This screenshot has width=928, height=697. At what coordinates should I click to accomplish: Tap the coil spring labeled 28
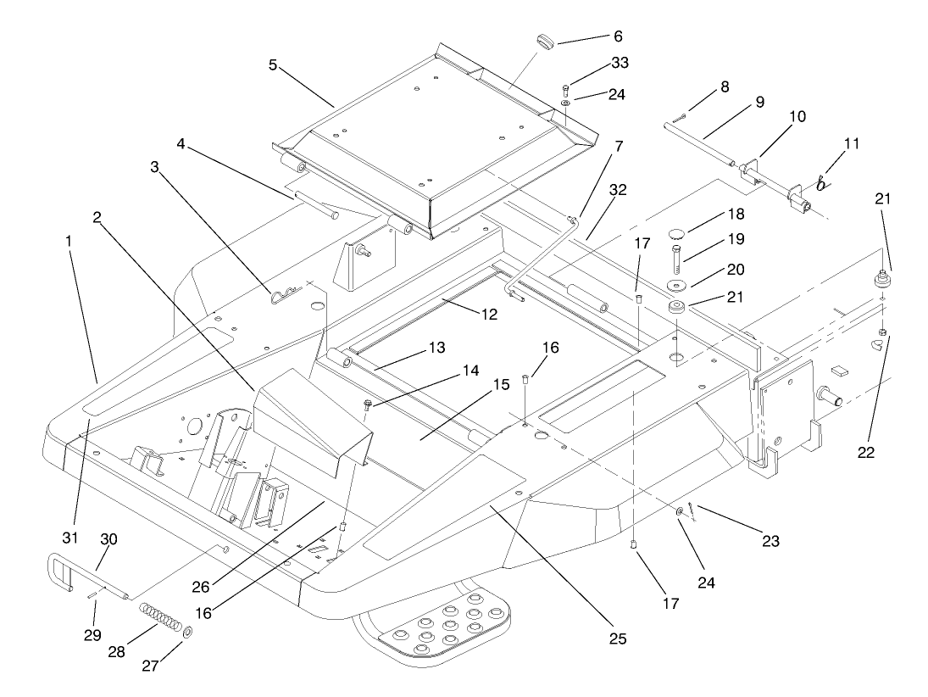click(x=160, y=617)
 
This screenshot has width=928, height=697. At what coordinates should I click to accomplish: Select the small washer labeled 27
click(x=186, y=632)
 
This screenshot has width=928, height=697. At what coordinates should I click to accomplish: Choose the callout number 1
click(x=68, y=240)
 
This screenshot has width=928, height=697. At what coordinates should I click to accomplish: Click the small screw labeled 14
click(x=369, y=404)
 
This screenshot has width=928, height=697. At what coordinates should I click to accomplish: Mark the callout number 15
click(x=500, y=384)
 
